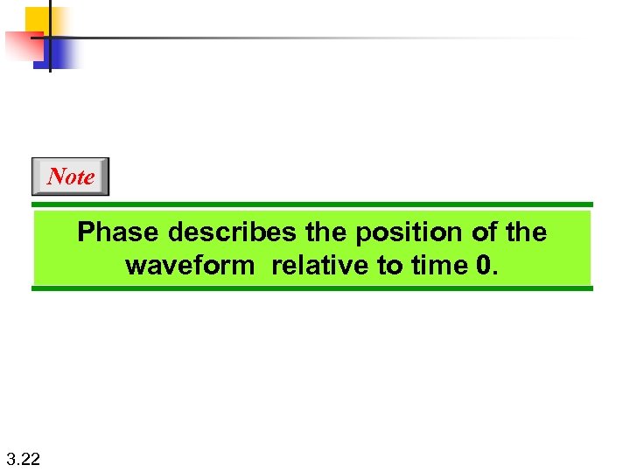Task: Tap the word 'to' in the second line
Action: point(391,266)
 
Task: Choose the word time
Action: point(442,266)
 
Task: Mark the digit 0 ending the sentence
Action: point(485,266)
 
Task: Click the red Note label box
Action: point(71,177)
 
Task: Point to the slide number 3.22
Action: point(23,458)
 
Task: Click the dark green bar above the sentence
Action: point(312,205)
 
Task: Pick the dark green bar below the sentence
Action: point(312,288)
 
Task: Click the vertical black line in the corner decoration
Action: point(50,35)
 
